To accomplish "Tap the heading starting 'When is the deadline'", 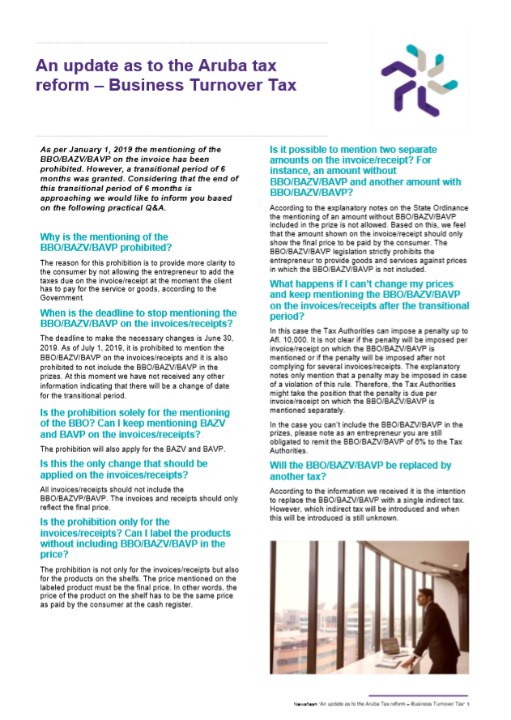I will pos(138,318).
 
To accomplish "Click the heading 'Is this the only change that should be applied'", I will pos(123,468).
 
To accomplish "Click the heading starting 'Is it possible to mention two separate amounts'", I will pos(364,171).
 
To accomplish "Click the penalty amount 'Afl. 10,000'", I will pos(292,338).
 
